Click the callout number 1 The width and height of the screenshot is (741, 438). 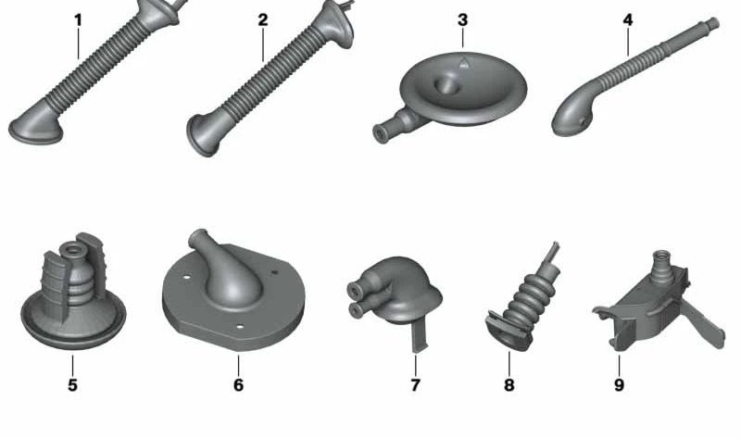[79, 20]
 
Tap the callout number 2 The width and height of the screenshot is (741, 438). [263, 20]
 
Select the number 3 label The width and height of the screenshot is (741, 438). [462, 19]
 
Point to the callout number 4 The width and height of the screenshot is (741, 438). [628, 19]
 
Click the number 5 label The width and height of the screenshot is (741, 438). [72, 385]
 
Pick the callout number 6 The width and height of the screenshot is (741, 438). [238, 385]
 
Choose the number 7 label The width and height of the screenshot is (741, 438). [415, 385]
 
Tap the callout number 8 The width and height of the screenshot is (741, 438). [509, 385]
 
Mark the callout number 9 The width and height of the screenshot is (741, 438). [619, 385]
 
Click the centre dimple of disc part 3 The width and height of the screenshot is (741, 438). [446, 85]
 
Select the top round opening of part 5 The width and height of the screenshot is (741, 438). [73, 248]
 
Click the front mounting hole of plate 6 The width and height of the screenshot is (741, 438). [240, 327]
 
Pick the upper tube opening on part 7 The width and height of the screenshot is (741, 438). [355, 291]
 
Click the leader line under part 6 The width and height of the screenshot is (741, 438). [239, 365]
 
